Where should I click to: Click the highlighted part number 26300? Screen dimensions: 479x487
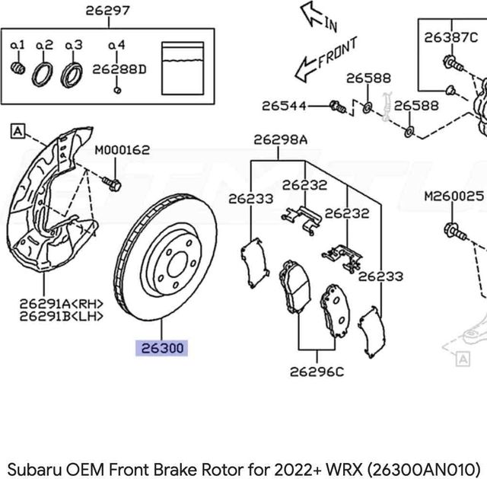[x=161, y=349]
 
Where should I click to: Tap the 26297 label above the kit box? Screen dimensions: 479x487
[x=107, y=11]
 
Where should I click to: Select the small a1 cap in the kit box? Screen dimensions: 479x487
[x=18, y=71]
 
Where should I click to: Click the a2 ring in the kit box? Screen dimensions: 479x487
[x=42, y=74]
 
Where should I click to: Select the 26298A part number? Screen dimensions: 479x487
[x=280, y=139]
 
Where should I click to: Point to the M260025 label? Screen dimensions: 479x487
[x=454, y=196]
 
